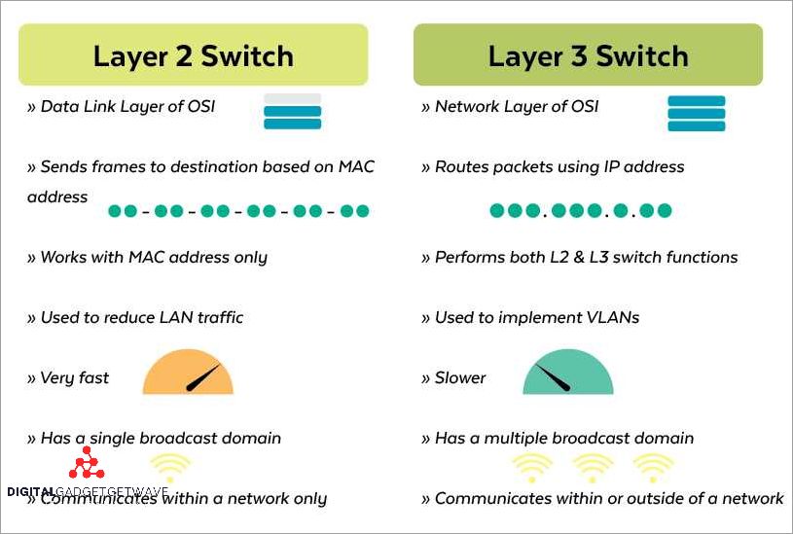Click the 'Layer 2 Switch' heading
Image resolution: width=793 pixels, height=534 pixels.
[193, 55]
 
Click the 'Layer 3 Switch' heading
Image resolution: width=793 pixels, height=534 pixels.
[588, 55]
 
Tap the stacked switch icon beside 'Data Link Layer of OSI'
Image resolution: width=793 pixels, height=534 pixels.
[293, 112]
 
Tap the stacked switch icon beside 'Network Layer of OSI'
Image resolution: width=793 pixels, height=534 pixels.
[696, 113]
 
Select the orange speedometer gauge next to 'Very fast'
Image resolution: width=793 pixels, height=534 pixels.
[188, 375]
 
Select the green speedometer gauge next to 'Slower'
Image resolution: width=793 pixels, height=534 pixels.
[568, 374]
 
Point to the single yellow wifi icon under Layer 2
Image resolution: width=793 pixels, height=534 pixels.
[169, 467]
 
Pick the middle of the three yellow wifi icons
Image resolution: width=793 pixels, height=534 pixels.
[593, 467]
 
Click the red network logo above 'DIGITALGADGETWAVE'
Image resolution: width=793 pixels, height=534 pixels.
[87, 464]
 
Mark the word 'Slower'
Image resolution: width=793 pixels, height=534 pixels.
[460, 378]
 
